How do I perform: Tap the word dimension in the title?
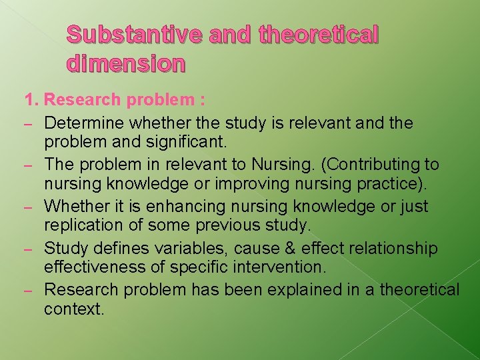[126, 63]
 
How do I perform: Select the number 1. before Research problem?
[31, 101]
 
